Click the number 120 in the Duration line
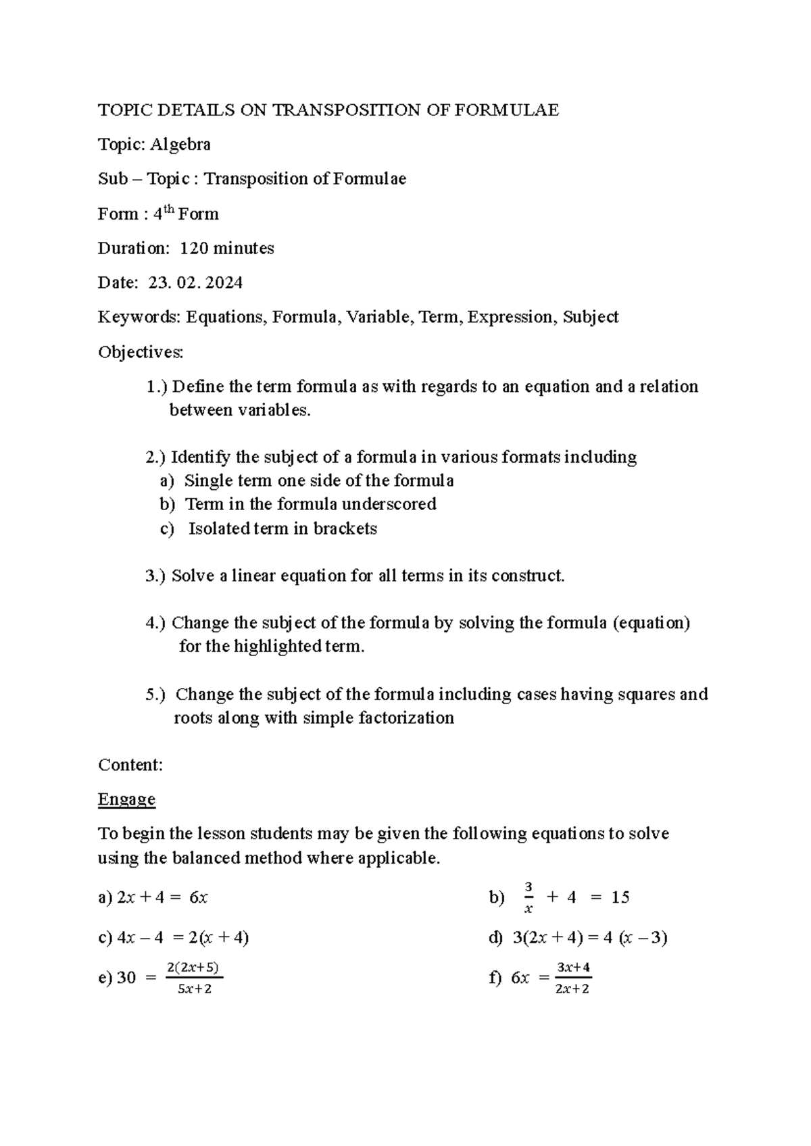pyautogui.click(x=194, y=249)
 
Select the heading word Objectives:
pyautogui.click(x=141, y=352)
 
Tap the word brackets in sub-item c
pyautogui.click(x=345, y=528)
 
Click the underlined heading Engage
pyautogui.click(x=126, y=799)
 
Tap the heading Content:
pyautogui.click(x=130, y=765)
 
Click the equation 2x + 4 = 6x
pyautogui.click(x=162, y=897)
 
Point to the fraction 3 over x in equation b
pyautogui.click(x=529, y=897)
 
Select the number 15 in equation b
pyautogui.click(x=620, y=897)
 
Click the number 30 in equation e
pyautogui.click(x=126, y=978)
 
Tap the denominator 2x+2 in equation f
pyautogui.click(x=572, y=989)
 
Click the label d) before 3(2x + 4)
pyautogui.click(x=495, y=938)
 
